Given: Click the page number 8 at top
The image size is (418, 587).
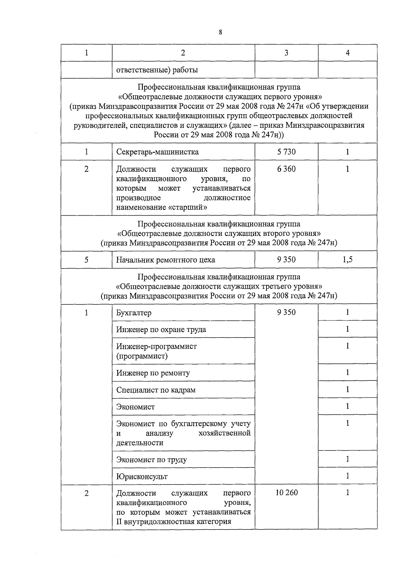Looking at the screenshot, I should click(x=220, y=32).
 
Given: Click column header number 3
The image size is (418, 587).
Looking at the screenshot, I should click(x=286, y=53).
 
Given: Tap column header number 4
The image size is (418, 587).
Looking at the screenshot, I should click(x=347, y=53).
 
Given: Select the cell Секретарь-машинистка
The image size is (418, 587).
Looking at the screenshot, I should click(x=157, y=152).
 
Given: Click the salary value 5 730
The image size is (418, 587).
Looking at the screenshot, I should click(x=286, y=152).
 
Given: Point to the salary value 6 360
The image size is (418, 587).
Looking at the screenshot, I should click(x=286, y=169).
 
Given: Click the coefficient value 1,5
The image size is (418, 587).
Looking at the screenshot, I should click(x=347, y=260).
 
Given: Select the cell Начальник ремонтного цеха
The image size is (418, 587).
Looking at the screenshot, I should click(x=165, y=260).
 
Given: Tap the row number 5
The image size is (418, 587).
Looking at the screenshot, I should click(x=86, y=260).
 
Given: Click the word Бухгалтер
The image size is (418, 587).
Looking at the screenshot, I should click(x=134, y=313).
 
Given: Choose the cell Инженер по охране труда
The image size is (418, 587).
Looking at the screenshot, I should click(x=161, y=330).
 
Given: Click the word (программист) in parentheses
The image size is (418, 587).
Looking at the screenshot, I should click(x=142, y=356).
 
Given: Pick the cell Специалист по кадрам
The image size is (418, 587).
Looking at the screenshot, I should click(x=156, y=390).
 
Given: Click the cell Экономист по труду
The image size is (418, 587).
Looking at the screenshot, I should click(x=152, y=460).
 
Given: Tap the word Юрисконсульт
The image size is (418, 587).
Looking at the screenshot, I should click(x=142, y=477).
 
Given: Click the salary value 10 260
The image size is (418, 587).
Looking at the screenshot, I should click(x=286, y=493).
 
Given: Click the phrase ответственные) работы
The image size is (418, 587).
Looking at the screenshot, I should click(x=157, y=70).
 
